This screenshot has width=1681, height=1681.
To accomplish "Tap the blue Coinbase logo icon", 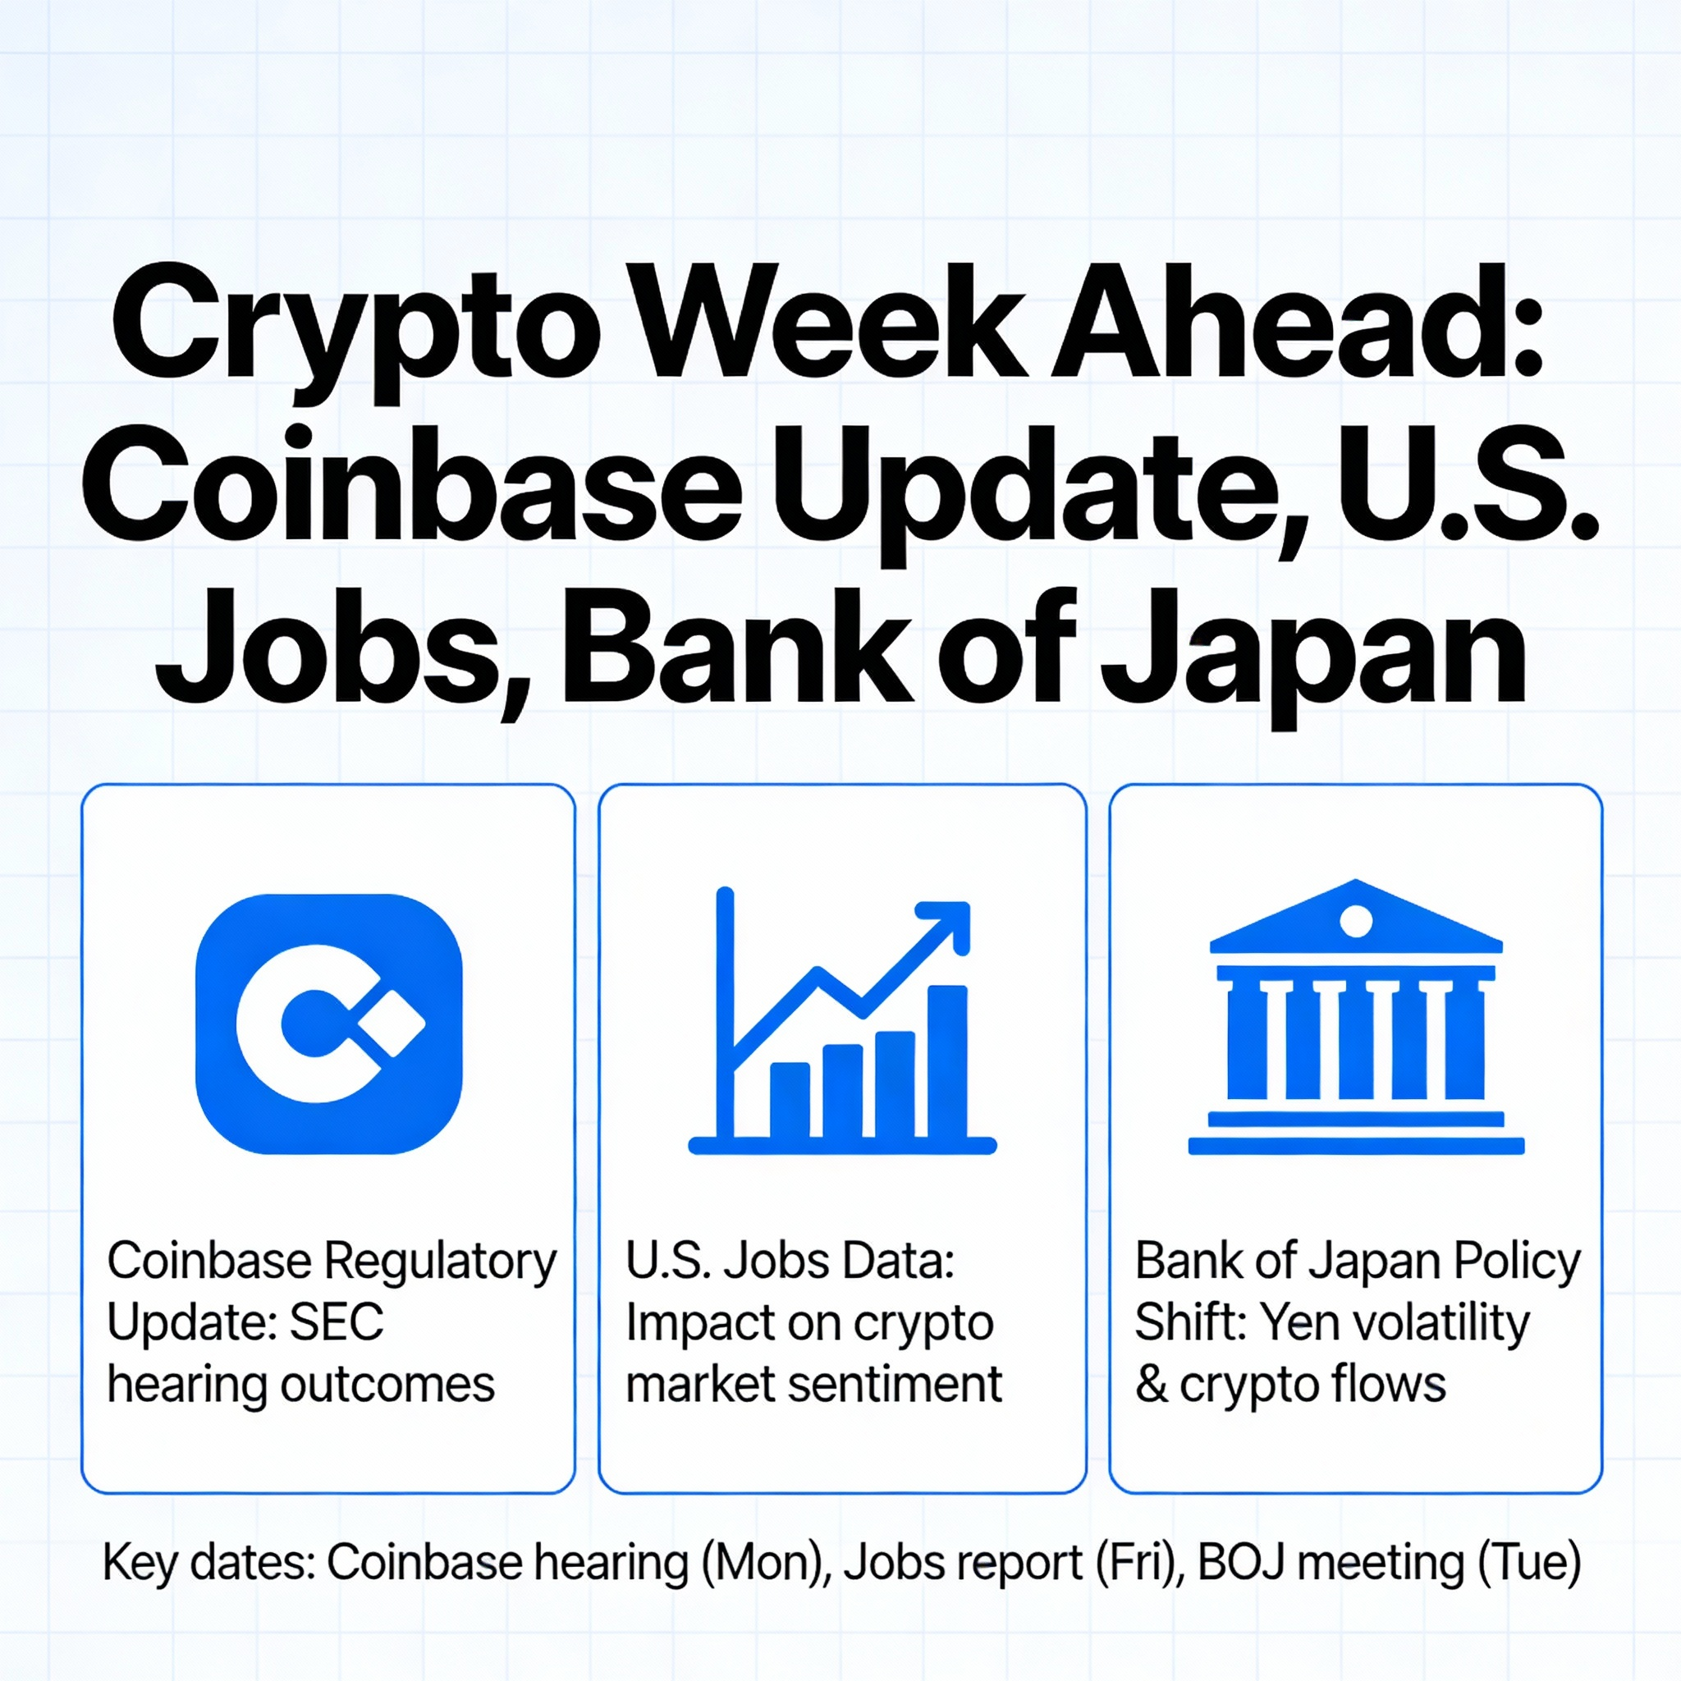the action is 329,1024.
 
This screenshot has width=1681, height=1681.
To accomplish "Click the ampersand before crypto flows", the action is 1151,1385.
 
